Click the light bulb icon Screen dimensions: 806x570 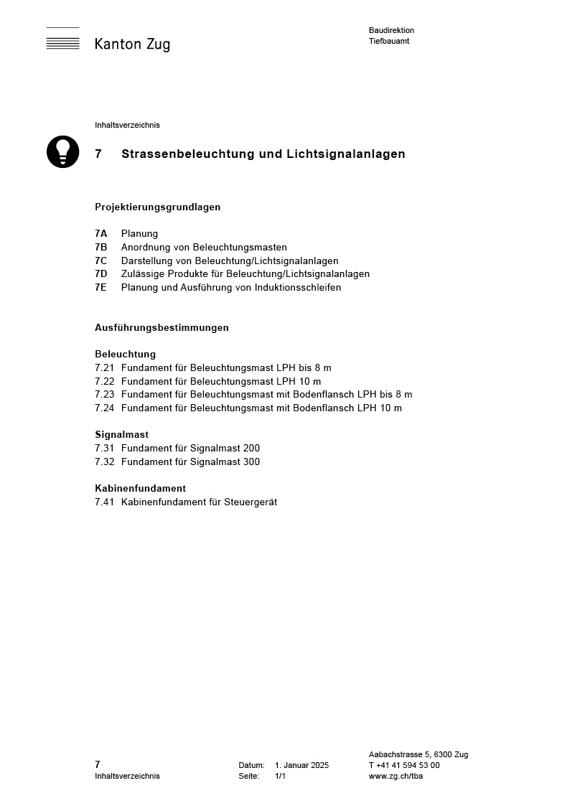tap(63, 151)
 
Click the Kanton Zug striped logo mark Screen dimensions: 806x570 tap(63, 39)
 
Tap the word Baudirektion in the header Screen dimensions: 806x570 tap(391, 30)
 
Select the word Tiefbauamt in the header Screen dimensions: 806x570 tap(389, 41)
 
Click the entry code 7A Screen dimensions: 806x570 tap(101, 233)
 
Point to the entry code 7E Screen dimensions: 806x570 tap(101, 287)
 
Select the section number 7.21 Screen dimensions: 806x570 tap(105, 367)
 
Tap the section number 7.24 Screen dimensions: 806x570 tap(105, 408)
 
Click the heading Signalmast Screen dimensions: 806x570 tap(122, 434)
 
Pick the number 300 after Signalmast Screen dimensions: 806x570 tap(251, 461)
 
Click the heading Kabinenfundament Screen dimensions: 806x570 tap(140, 488)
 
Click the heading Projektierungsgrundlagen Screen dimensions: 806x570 tap(157, 207)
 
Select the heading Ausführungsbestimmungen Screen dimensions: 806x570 tap(162, 327)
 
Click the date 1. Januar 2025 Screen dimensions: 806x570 tap(302, 765)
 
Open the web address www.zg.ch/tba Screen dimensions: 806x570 tap(396, 776)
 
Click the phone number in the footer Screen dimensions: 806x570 tap(404, 765)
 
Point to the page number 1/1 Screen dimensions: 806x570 tap(280, 776)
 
